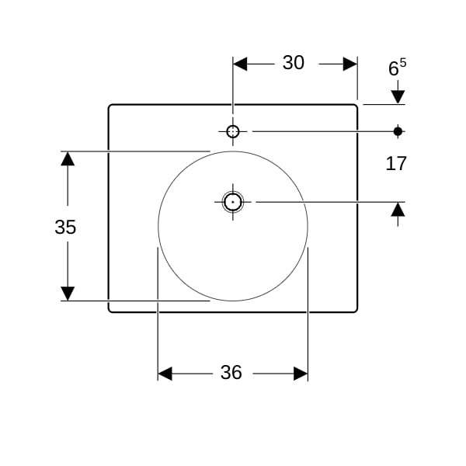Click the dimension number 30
[294, 63]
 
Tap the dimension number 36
[231, 372]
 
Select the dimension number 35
[65, 227]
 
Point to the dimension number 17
[396, 163]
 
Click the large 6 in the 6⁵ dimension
[394, 68]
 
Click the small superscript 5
[402, 63]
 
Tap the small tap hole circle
[233, 131]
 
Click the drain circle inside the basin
[233, 202]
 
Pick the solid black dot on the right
[398, 131]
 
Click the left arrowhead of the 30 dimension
[240, 64]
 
